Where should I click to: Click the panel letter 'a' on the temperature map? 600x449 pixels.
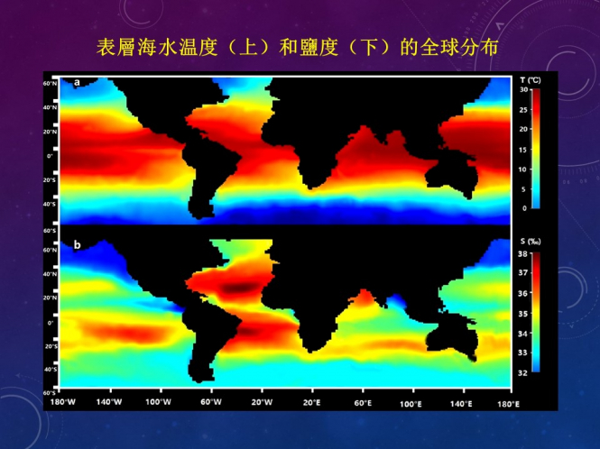tap(78, 83)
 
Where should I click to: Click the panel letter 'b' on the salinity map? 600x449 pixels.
tap(78, 245)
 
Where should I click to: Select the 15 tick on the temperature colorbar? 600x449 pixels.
tap(524, 149)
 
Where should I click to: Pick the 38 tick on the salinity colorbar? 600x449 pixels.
tap(523, 253)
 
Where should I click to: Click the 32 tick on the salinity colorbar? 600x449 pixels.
tap(523, 371)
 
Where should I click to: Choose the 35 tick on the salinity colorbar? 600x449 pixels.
tap(523, 313)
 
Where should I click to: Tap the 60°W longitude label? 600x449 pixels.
tap(210, 403)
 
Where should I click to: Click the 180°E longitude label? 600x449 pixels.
tap(510, 403)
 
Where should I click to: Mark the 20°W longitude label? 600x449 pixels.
tap(261, 403)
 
